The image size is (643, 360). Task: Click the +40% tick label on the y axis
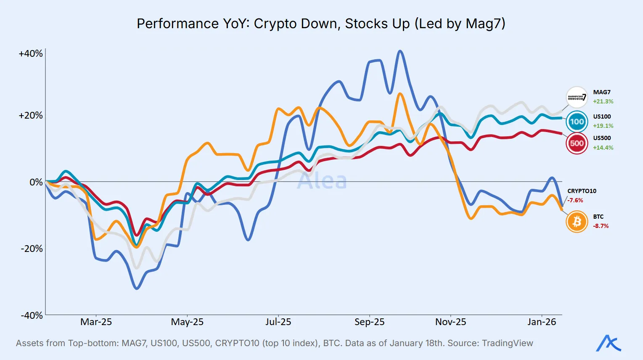[x=31, y=54]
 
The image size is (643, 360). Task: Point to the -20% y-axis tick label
[x=32, y=249]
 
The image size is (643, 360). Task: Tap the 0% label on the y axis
[x=36, y=182]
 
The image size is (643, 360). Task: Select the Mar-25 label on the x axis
[x=96, y=322]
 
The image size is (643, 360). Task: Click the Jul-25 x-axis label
[x=278, y=322]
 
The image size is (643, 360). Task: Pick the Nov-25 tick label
[x=450, y=322]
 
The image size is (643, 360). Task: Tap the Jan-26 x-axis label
[x=542, y=322]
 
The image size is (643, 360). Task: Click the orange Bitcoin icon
[x=577, y=221]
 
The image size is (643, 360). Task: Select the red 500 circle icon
[x=577, y=143]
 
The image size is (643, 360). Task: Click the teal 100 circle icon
[x=577, y=122]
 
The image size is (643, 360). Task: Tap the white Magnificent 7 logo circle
[x=577, y=98]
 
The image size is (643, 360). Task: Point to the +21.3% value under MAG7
[x=603, y=101]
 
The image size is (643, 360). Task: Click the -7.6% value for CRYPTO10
[x=575, y=200]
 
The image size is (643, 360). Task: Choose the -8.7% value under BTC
[x=601, y=226]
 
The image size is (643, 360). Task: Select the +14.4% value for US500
[x=603, y=148]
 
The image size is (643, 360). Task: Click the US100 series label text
[x=602, y=116]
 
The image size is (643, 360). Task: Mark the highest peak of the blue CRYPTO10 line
[x=400, y=51]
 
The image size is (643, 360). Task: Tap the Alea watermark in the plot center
[x=322, y=181]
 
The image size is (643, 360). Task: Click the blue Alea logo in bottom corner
[x=608, y=343]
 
